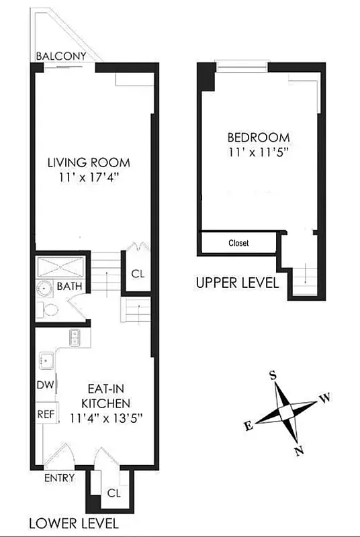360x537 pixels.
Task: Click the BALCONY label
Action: click(60, 56)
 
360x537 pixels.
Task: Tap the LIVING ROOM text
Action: click(88, 163)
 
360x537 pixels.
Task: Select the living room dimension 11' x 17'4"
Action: click(88, 178)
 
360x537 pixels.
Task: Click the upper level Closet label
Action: click(238, 243)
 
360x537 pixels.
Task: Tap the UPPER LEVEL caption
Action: click(236, 283)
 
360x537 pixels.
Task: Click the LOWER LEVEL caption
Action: click(73, 523)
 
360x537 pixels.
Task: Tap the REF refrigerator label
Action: click(45, 414)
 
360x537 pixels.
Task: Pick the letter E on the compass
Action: click(248, 426)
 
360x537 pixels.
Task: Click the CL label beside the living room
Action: click(138, 274)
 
